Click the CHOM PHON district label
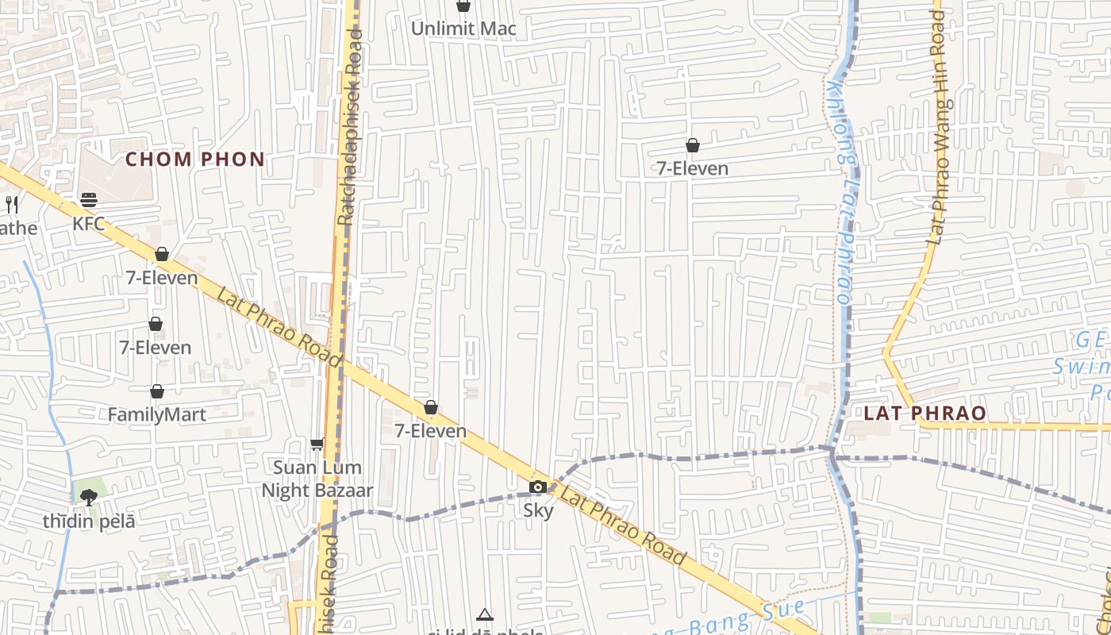coord(194,160)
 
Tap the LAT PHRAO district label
coord(925,414)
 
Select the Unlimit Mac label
coord(463,29)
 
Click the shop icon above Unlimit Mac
coord(463,6)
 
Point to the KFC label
coord(88,224)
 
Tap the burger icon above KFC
coord(88,199)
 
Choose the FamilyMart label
coord(157,414)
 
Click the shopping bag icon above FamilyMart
coord(157,391)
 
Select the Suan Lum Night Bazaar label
coord(317,479)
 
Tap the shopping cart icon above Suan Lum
coord(317,444)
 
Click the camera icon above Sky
coord(538,487)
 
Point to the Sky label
coord(538,510)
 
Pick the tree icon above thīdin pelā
coord(89,498)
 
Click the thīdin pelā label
coord(89,521)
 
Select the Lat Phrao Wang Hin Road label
coord(939,127)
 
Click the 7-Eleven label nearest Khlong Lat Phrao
coord(693,168)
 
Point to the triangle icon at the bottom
coord(485,614)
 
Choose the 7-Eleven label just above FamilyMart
coord(156,348)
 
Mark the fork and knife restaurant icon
coord(12,205)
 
